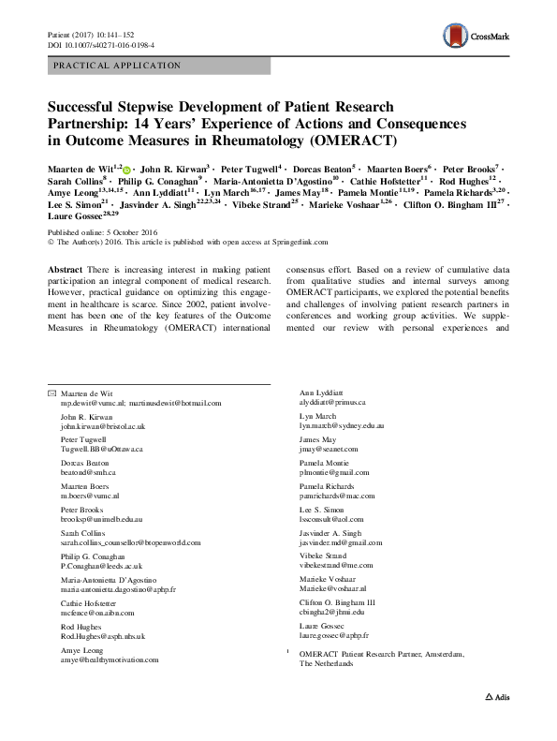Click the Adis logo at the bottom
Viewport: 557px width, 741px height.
pyautogui.click(x=497, y=724)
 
